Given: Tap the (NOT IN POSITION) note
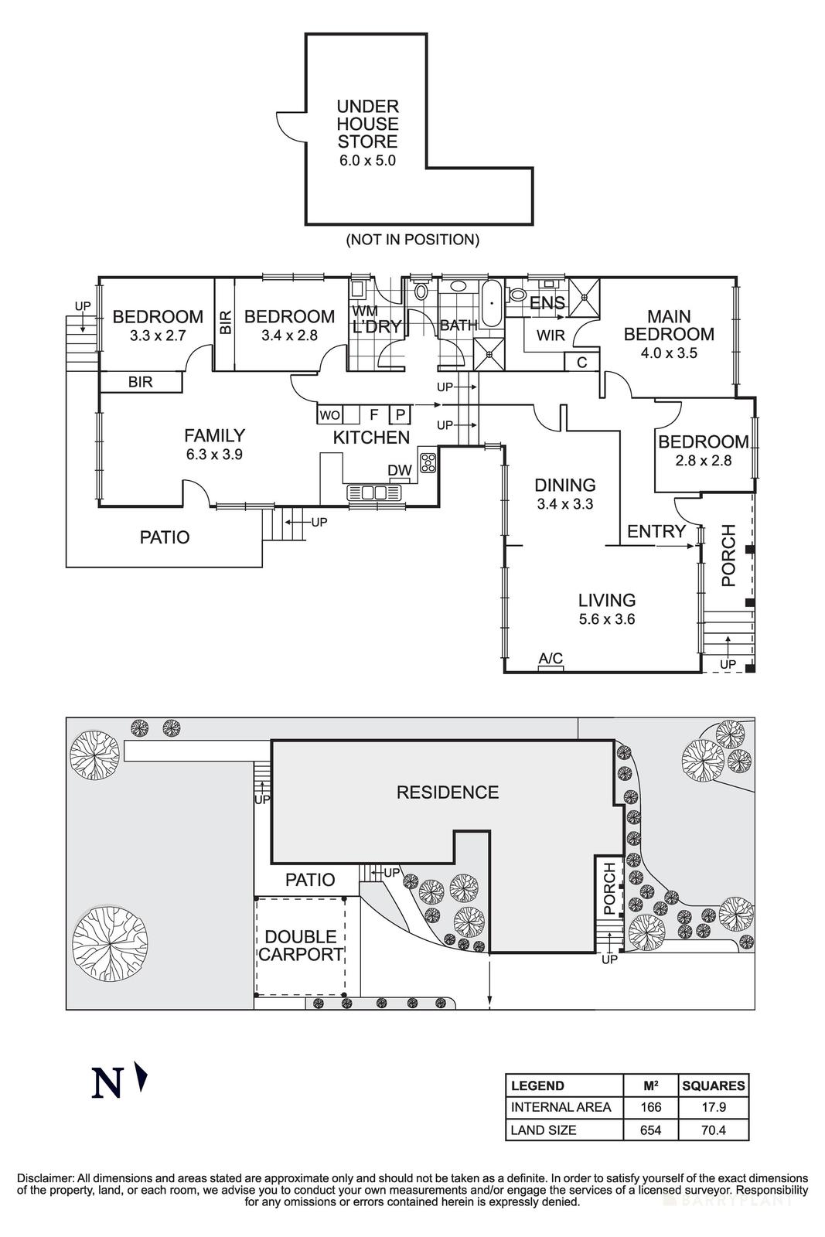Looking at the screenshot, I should tap(412, 240).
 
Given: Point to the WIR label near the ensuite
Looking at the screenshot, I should tap(551, 336).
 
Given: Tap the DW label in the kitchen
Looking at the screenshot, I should tap(399, 470).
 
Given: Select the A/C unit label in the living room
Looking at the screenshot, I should tap(551, 659).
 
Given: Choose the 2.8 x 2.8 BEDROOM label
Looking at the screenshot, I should tap(703, 450).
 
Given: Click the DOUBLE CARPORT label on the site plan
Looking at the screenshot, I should tap(301, 946).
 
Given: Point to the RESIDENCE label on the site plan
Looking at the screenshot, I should tap(447, 792).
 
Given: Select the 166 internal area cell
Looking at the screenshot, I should tap(651, 1107).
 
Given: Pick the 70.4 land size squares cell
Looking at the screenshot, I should tap(713, 1130).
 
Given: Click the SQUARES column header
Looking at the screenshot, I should tap(713, 1085).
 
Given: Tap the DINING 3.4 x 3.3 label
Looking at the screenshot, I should tap(565, 494).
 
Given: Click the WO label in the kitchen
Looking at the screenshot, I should tap(329, 415).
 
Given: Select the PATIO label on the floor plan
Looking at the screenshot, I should tap(164, 537).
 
